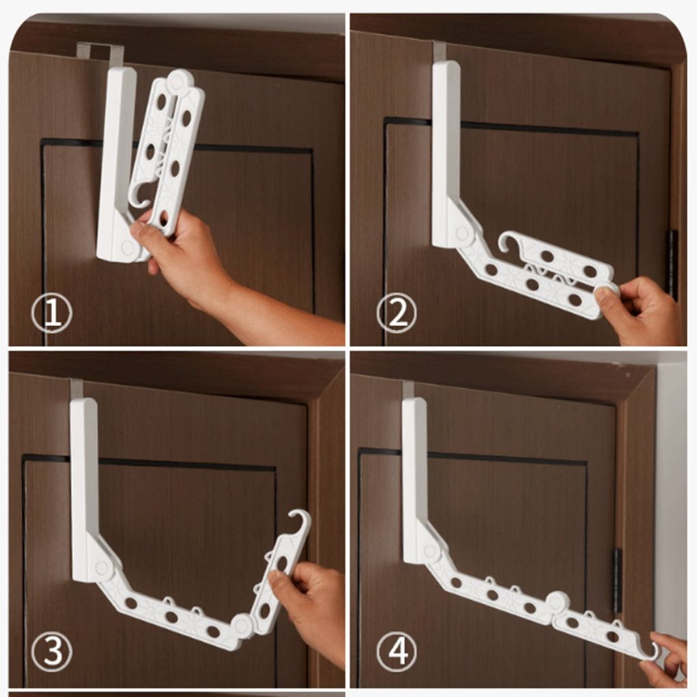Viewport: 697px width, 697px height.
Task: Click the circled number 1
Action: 52,314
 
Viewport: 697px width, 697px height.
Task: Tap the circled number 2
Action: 396,313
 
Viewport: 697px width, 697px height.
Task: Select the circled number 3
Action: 52,651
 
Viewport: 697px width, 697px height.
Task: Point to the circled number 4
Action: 396,652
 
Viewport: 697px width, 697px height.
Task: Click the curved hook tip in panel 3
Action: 301,521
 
